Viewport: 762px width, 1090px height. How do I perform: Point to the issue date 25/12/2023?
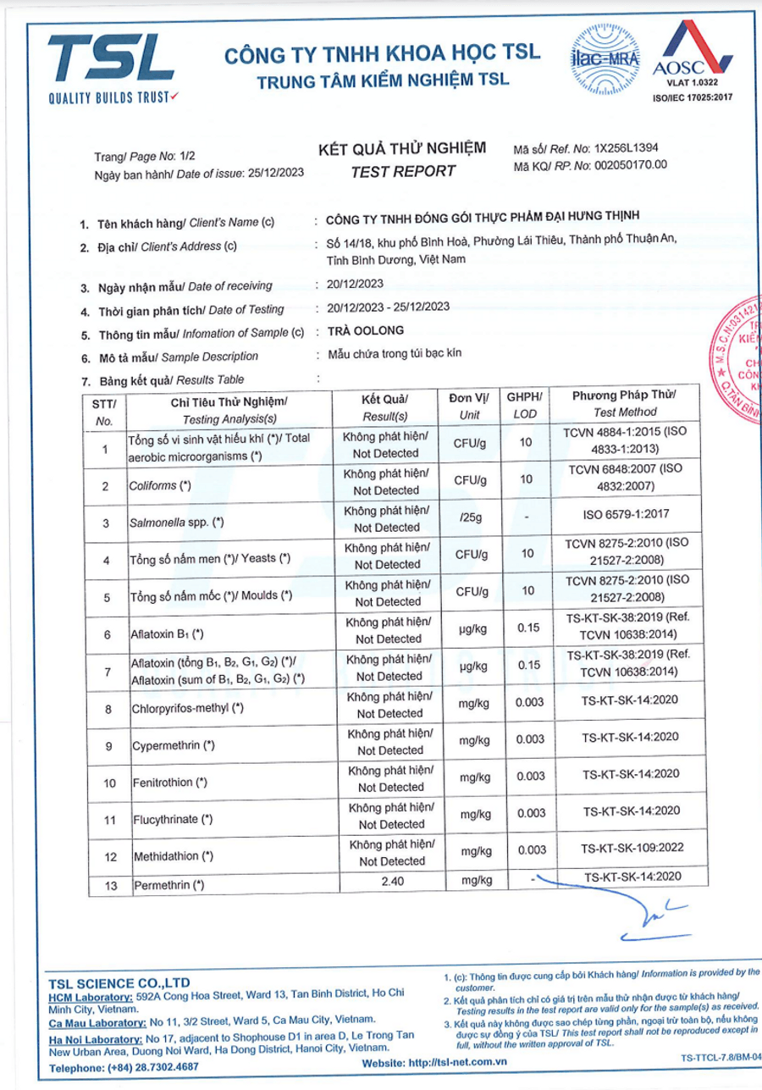[x=276, y=174]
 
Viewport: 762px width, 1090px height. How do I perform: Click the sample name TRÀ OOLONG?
[x=365, y=331]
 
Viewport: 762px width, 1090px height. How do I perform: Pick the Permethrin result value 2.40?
[x=390, y=882]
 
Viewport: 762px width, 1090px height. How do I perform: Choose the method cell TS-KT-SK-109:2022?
[x=631, y=847]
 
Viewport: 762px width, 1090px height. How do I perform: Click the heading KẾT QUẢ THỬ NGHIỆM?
[x=402, y=149]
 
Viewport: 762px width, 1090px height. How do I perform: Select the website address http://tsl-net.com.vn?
[x=458, y=1062]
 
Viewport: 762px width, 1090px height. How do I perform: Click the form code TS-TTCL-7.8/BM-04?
[x=721, y=1058]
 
